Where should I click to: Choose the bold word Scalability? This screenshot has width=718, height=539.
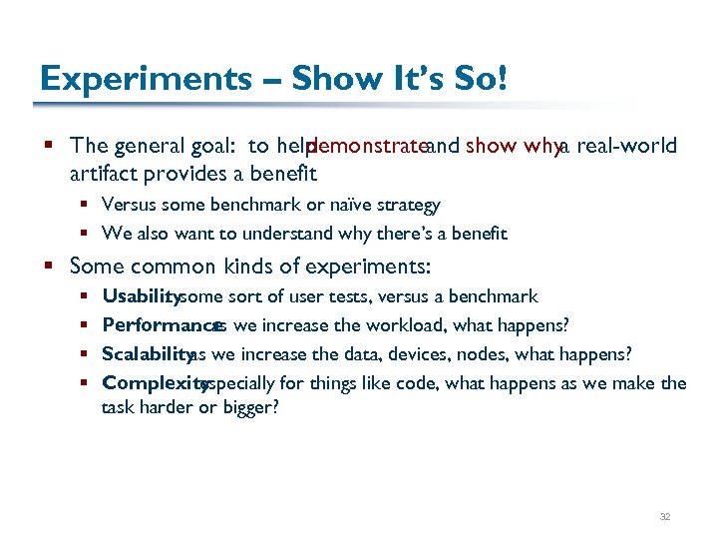(147, 354)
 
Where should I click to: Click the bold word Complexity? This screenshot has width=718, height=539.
(154, 382)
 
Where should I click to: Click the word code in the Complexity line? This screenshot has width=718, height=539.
(428, 382)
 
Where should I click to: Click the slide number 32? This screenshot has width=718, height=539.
(665, 517)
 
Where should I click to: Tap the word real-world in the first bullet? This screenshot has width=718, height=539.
(627, 146)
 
